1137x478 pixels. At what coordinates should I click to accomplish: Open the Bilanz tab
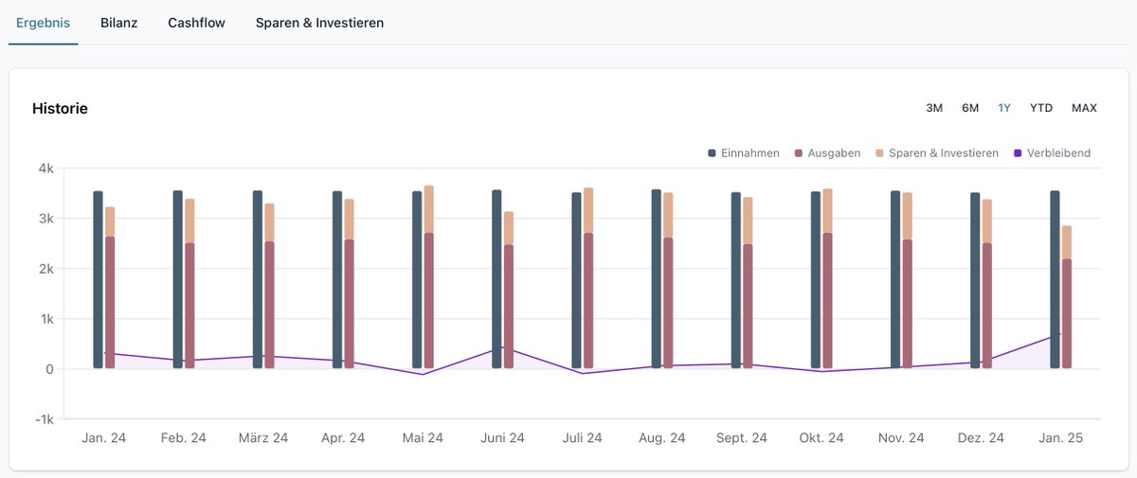[118, 23]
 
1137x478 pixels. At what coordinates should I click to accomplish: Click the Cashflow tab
[196, 23]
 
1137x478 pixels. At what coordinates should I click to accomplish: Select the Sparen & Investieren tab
[319, 23]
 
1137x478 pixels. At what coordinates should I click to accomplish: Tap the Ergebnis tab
[43, 23]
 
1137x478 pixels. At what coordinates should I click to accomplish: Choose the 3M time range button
[934, 108]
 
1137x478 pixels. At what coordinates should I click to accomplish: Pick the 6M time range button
[970, 108]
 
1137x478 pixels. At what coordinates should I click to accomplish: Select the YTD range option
[1041, 108]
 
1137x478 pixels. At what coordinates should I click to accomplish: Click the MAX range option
[1084, 108]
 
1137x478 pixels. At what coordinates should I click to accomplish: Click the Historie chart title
[60, 109]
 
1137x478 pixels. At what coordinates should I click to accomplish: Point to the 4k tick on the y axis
[45, 168]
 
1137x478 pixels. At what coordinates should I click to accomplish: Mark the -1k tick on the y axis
[43, 419]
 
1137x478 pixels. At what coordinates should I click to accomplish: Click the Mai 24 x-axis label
[423, 438]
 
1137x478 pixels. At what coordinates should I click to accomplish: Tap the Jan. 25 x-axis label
[1059, 438]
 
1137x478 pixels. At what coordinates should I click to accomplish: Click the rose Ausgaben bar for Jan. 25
[1067, 313]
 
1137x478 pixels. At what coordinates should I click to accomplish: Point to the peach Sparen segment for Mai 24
[428, 209]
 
